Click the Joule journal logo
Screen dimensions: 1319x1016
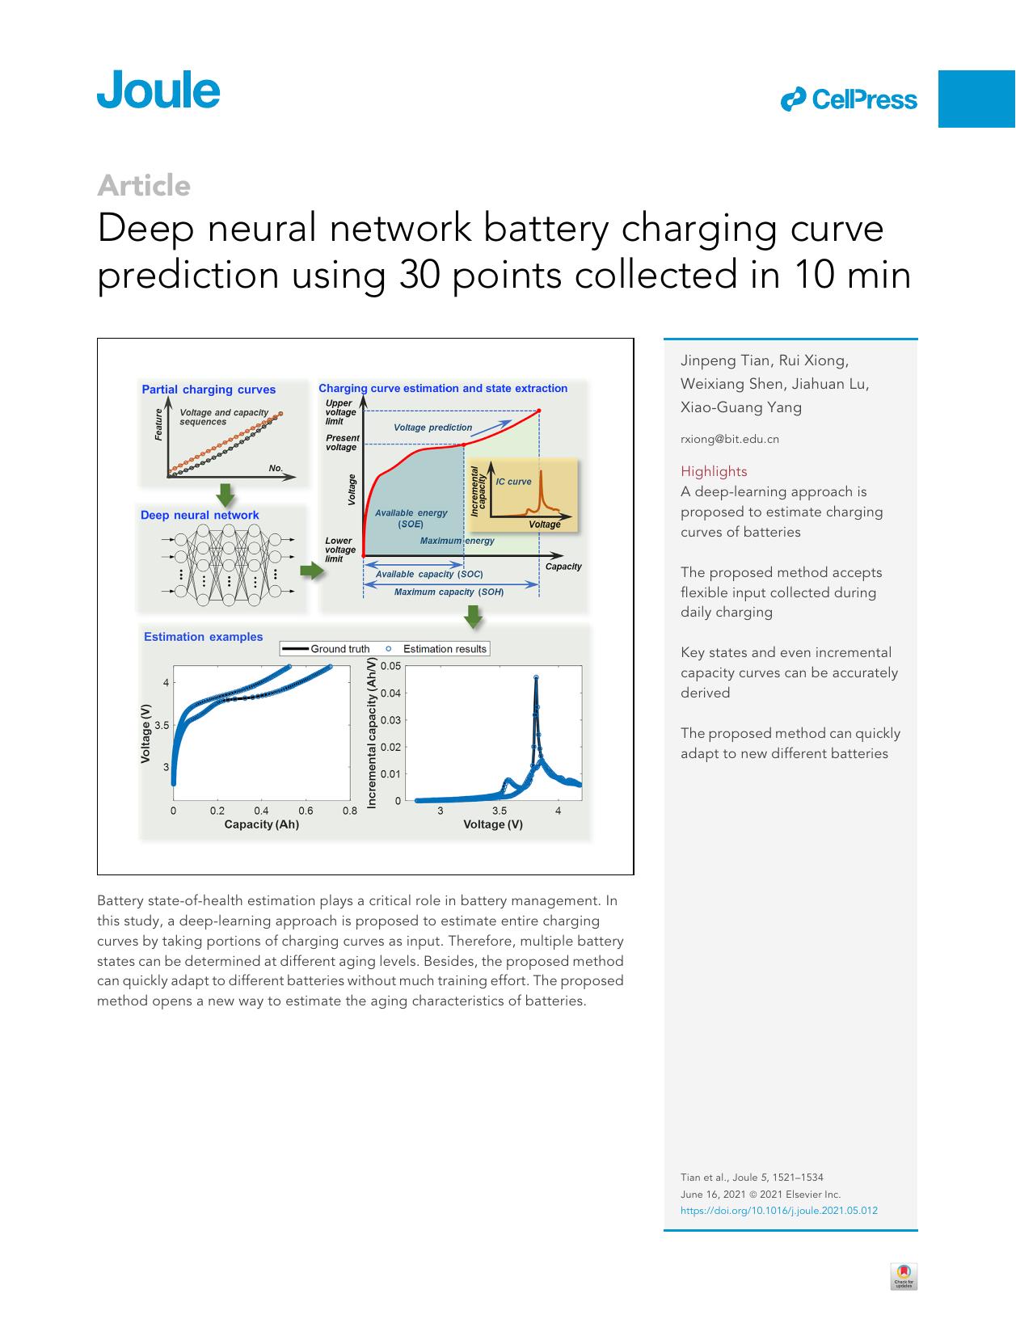[158, 90]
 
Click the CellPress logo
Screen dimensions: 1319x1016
[849, 99]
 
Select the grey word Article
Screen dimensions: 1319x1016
[144, 186]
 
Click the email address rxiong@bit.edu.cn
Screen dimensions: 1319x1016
[729, 440]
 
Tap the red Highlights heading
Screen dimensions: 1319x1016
[714, 471]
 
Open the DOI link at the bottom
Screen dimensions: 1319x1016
[778, 1211]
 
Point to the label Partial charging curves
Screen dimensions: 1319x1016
[209, 390]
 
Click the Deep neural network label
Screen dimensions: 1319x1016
[200, 515]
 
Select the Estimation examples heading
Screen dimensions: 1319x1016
[203, 637]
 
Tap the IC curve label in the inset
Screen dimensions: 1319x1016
[513, 482]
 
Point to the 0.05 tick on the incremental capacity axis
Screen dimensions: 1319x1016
[390, 666]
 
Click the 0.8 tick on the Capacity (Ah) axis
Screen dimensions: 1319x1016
[349, 811]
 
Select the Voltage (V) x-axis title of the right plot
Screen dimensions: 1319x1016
[492, 824]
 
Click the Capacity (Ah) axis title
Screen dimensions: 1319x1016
[261, 824]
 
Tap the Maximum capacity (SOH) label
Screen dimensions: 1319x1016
[449, 592]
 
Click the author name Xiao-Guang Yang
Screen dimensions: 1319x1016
[741, 407]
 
